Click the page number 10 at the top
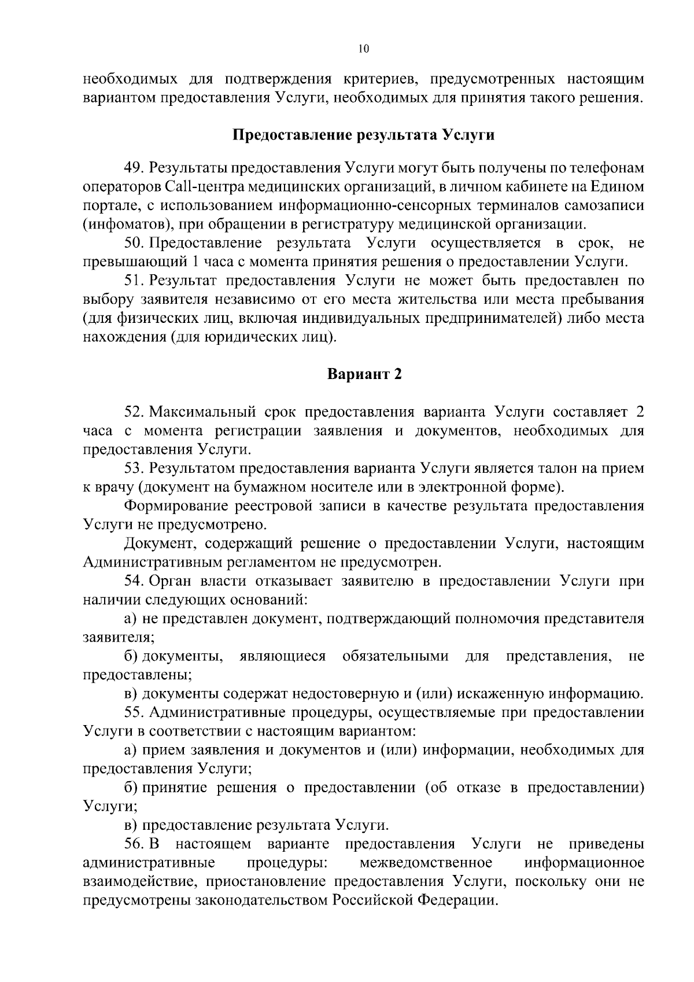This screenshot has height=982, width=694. coord(363,49)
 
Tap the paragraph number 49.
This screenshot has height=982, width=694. coord(135,168)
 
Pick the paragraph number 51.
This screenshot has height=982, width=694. coord(135,281)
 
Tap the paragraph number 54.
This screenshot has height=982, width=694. coord(135,581)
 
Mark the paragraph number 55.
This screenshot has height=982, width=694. coord(135,712)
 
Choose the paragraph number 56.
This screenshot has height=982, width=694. coord(135,844)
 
